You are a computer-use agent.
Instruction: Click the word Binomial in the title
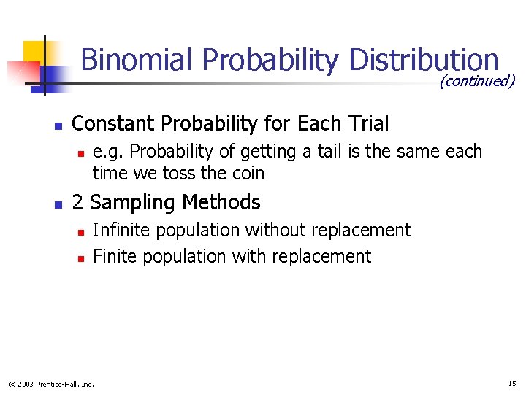[x=137, y=60]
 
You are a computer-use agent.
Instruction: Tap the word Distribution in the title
[x=424, y=60]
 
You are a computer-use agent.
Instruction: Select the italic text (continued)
[x=476, y=81]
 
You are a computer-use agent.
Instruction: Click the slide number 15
[x=511, y=383]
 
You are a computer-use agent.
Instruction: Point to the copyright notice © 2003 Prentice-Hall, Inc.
[x=51, y=384]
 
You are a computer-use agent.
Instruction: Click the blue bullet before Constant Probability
[x=58, y=125]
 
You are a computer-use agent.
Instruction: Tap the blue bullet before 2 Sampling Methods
[x=58, y=204]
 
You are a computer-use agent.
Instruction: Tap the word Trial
[x=367, y=124]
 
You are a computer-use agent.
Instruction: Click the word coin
[x=248, y=174]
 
